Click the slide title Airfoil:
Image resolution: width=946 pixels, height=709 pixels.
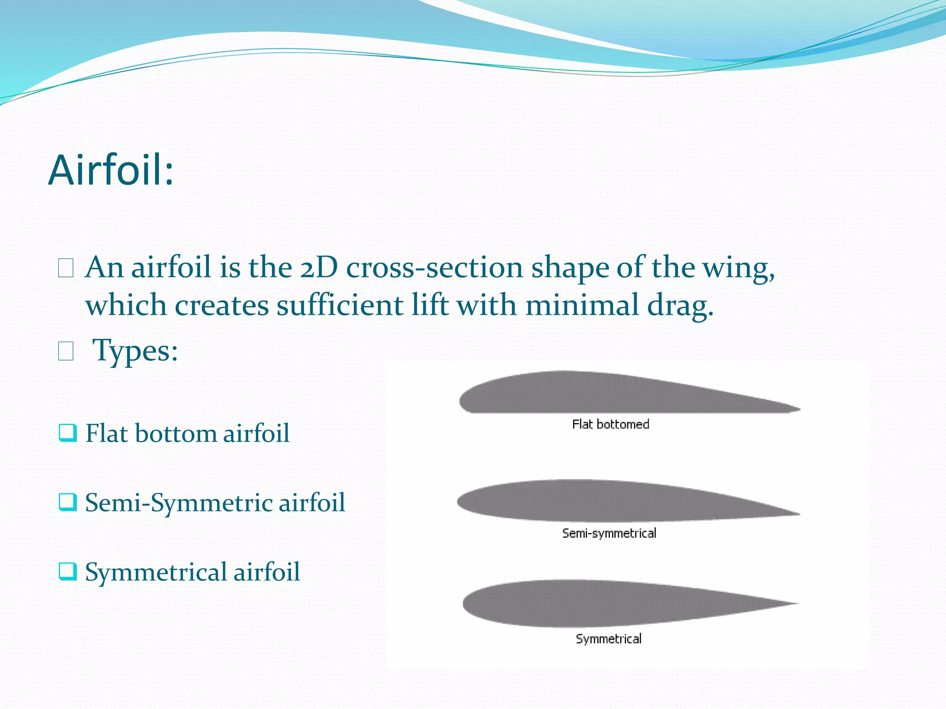(x=111, y=170)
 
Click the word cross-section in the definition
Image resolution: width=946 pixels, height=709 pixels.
(x=434, y=268)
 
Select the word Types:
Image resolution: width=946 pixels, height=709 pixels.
(x=135, y=351)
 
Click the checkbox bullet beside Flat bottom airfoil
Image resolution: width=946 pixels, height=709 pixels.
(x=67, y=433)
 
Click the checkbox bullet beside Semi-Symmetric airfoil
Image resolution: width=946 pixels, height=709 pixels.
(x=67, y=502)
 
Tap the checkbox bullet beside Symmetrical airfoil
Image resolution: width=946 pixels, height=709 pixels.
(x=67, y=571)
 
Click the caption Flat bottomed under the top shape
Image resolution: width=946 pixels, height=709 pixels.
(x=610, y=424)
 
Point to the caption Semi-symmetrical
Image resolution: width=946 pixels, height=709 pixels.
(x=609, y=533)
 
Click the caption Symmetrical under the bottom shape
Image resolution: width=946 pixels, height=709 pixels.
(x=608, y=639)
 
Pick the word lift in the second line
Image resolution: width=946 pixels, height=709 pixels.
(x=430, y=306)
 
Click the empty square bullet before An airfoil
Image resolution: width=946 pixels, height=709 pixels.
(x=66, y=268)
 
